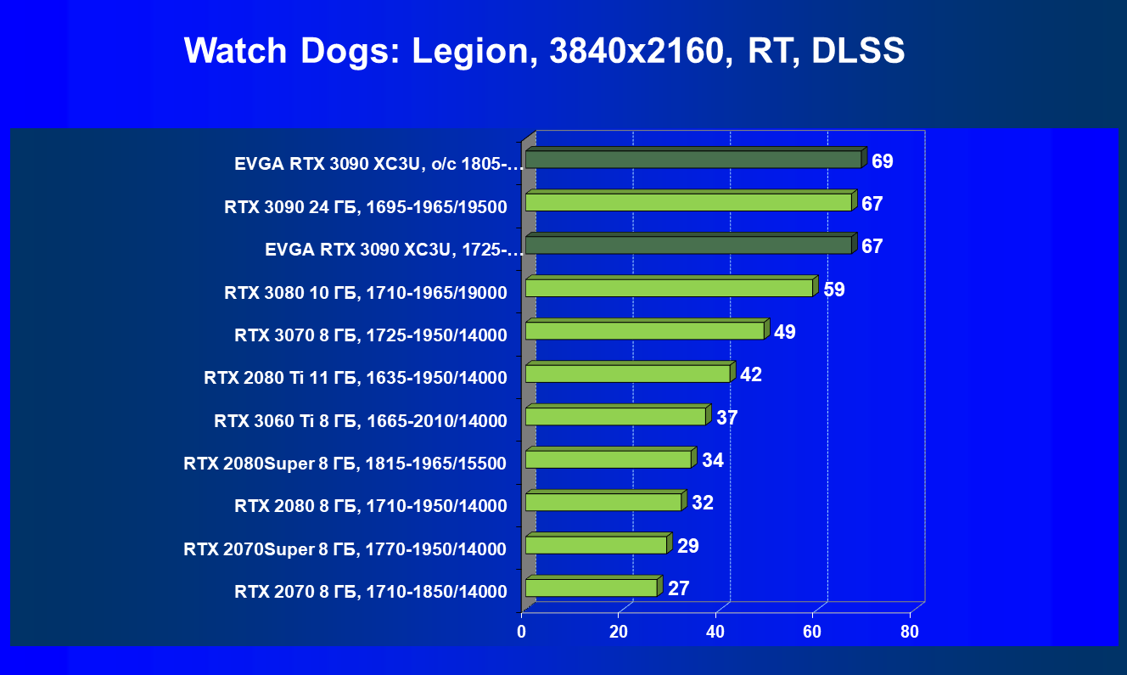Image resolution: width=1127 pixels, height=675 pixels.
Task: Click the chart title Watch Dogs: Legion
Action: tap(544, 52)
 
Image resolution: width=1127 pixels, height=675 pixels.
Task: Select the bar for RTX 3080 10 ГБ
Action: tap(669, 288)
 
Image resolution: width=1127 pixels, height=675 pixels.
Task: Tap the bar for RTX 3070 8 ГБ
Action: tap(644, 330)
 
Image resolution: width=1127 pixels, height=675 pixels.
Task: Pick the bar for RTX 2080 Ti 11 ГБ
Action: tap(627, 374)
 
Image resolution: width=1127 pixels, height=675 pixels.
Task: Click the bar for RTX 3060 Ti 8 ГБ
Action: tap(615, 416)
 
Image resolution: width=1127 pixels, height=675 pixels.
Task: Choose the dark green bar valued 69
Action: tap(693, 159)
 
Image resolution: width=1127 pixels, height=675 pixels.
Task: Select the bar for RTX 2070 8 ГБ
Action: tap(591, 588)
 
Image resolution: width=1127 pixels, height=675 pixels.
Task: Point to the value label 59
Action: tap(834, 289)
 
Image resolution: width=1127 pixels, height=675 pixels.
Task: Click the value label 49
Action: tap(785, 331)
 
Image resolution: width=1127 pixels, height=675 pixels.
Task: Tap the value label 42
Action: tap(751, 374)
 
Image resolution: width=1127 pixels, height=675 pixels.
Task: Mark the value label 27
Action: tap(678, 588)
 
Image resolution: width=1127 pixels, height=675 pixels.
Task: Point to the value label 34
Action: tap(712, 460)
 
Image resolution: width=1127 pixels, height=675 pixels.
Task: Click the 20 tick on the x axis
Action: tap(619, 632)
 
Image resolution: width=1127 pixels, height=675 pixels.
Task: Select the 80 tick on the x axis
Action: tap(909, 632)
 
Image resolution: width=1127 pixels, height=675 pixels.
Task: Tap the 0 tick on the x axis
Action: tap(522, 632)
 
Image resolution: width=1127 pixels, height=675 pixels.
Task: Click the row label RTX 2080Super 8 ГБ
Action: tap(345, 464)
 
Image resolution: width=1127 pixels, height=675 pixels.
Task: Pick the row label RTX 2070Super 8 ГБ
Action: tap(345, 549)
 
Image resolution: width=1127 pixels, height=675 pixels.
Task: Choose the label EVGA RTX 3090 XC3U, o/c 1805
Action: tap(378, 164)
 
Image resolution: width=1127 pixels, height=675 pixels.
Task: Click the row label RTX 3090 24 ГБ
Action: tap(366, 206)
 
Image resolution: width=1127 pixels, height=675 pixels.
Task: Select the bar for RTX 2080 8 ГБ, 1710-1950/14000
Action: tap(603, 502)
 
